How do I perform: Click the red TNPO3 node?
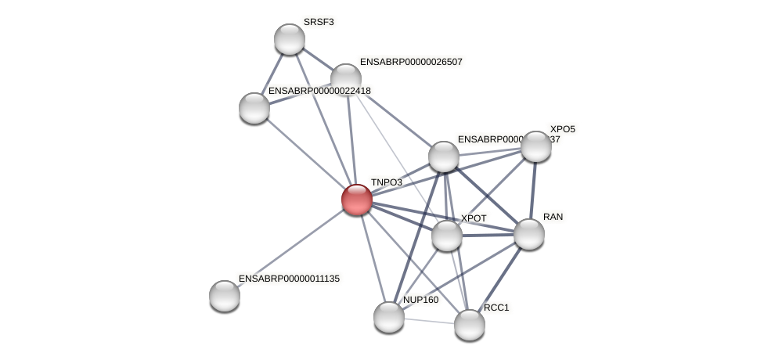click(356, 200)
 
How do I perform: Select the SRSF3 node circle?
click(289, 39)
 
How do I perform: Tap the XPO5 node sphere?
click(535, 146)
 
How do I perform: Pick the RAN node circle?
click(528, 234)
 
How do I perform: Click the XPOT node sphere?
click(446, 236)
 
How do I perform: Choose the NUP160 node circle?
click(388, 317)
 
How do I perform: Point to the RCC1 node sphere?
click(469, 325)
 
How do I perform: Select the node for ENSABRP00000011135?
click(225, 296)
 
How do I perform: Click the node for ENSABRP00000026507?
click(345, 79)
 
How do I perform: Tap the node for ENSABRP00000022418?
click(254, 108)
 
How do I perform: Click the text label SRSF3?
click(319, 22)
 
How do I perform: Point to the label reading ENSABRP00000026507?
click(411, 62)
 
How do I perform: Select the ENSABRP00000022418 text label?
click(319, 91)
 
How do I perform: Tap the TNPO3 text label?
click(387, 182)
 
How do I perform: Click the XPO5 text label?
click(562, 129)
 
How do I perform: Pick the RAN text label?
click(553, 217)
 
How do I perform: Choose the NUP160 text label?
click(420, 300)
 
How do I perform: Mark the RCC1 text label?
click(496, 308)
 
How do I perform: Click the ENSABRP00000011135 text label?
click(289, 279)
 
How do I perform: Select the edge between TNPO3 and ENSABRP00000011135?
click(290, 247)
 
